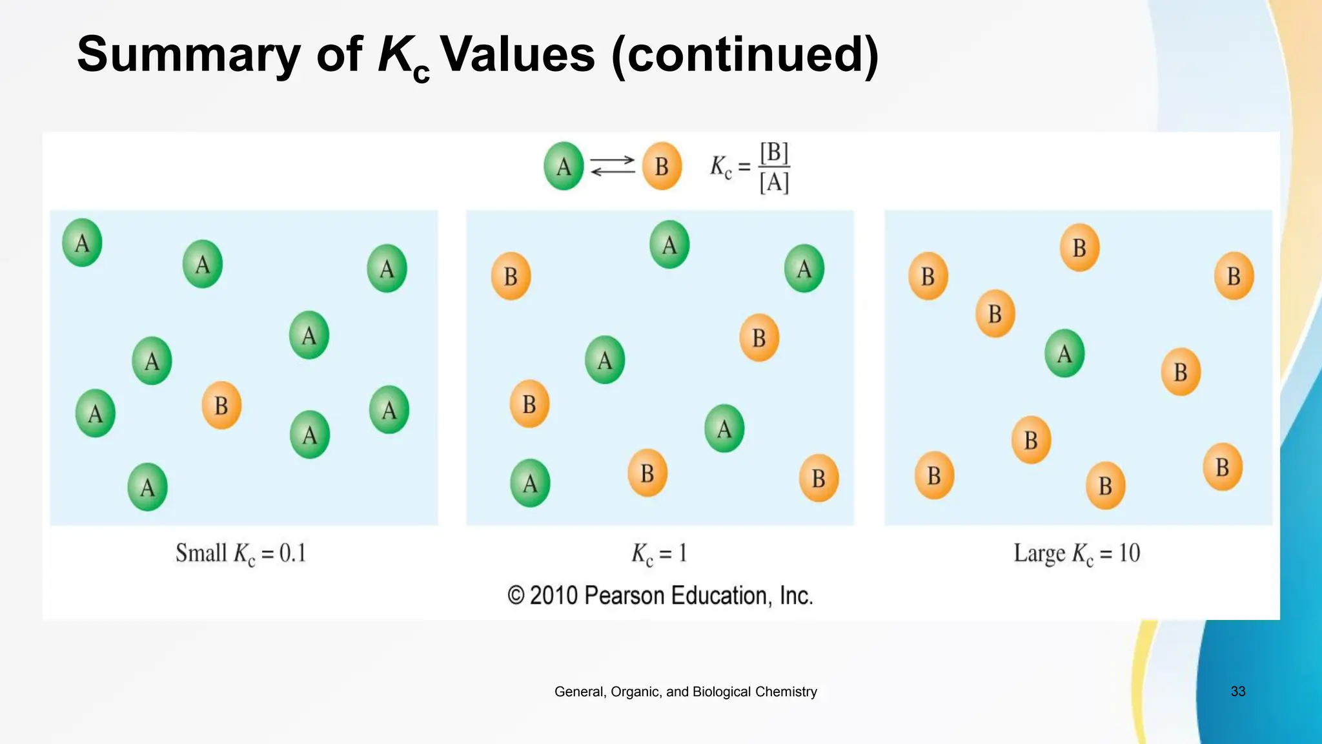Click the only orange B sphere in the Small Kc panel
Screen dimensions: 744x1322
pos(221,406)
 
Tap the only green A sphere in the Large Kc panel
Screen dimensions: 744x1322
pos(1064,353)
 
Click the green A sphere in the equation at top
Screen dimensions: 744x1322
pos(564,166)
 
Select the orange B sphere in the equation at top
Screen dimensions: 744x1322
pos(662,166)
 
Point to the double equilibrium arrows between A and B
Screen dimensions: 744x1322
pos(613,166)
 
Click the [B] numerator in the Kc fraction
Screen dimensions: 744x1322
pos(774,153)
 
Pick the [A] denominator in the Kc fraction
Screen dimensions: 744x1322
pos(774,183)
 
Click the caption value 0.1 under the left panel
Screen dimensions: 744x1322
pos(292,553)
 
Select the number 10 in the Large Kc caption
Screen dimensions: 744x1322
pos(1129,553)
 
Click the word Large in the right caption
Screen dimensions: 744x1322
pos(1039,553)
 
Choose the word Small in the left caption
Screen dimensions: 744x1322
pos(201,553)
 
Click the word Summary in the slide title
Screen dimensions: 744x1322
pos(188,54)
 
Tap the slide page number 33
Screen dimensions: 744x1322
pos(1237,691)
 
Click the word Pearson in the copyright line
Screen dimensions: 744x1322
pos(624,595)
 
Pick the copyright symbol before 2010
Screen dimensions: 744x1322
pos(516,595)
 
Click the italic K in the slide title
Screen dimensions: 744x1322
pos(395,54)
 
